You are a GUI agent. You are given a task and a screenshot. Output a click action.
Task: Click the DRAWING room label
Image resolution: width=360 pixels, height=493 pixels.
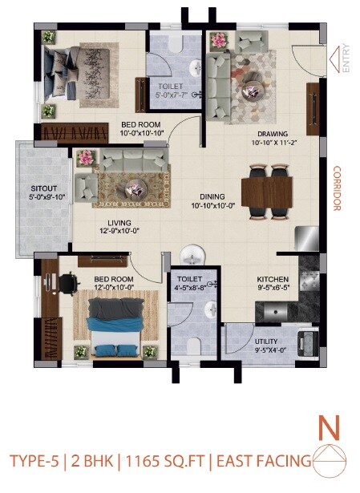(272, 133)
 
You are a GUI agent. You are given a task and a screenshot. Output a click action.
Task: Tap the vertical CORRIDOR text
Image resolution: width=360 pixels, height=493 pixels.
(338, 189)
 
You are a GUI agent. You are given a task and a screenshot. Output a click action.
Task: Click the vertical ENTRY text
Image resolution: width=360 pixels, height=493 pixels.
(346, 59)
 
